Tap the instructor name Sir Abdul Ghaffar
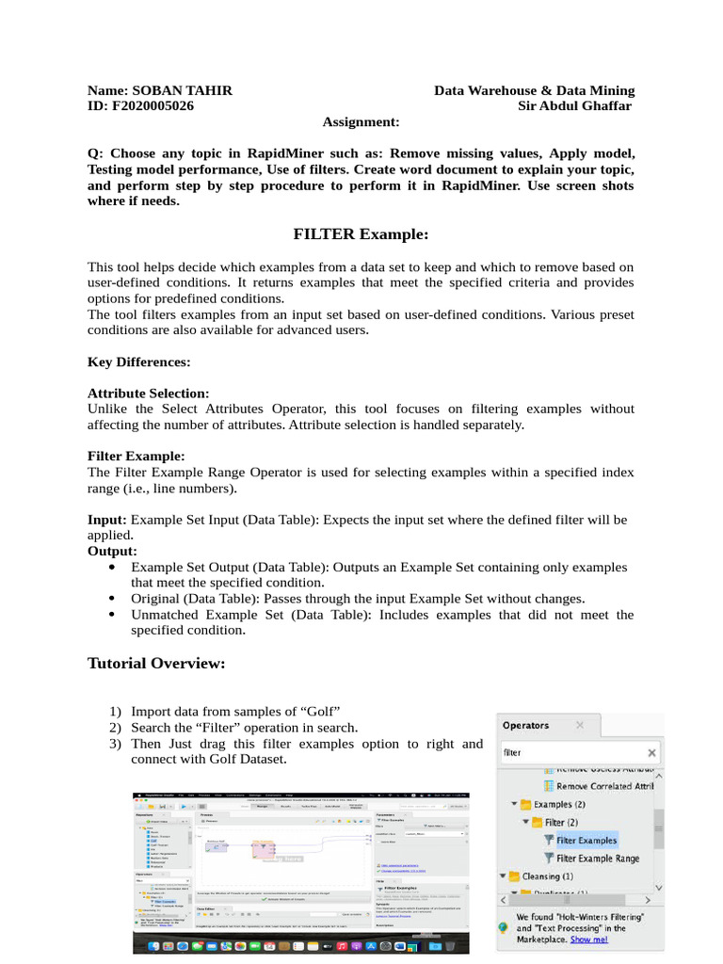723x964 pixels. coord(575,105)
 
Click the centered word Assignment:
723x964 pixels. coord(361,121)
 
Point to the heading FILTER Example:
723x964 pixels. coord(361,233)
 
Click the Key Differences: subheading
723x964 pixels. coord(138,361)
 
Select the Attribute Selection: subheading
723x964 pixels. coord(148,393)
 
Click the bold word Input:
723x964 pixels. coord(107,520)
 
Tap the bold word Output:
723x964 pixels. coord(112,551)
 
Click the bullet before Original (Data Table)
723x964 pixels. coord(113,599)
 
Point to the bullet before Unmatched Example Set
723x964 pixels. coord(113,615)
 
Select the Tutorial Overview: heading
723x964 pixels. coord(156,664)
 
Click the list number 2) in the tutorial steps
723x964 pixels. coord(114,728)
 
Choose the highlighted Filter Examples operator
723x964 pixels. coord(586,840)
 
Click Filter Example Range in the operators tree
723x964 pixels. coord(597,859)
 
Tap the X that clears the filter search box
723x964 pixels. coord(651,753)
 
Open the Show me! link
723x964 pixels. coord(588,940)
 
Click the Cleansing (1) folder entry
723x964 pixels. coord(554,876)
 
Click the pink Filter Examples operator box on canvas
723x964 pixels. coord(262,846)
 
